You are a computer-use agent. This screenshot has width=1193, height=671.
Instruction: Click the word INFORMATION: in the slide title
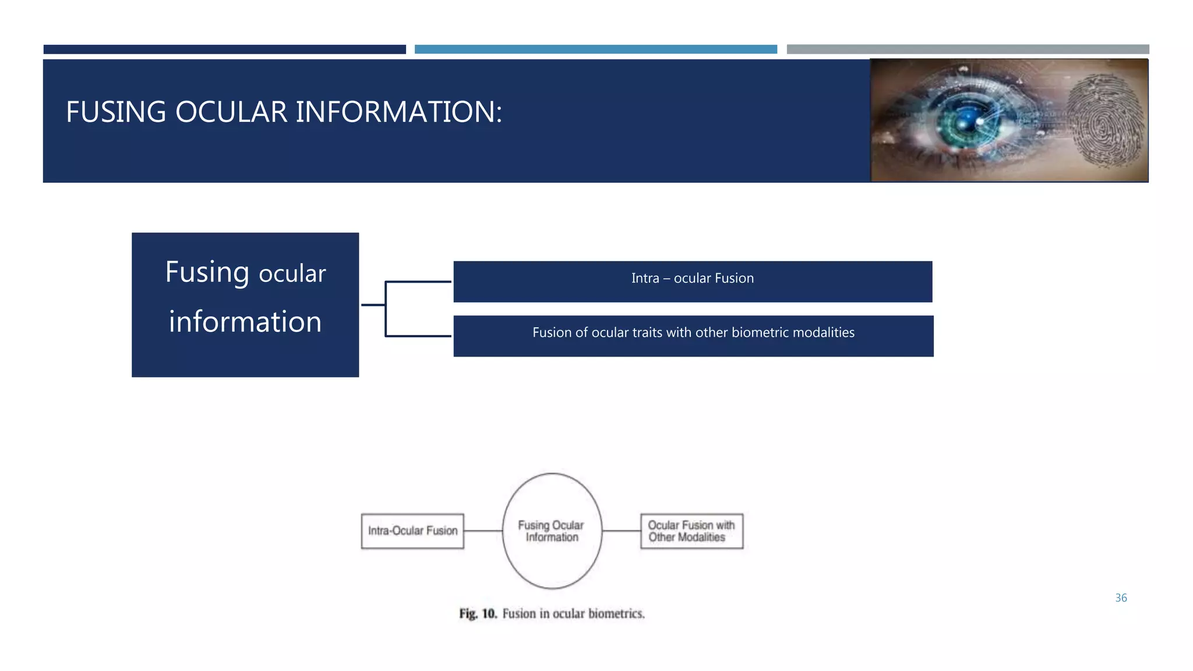398,112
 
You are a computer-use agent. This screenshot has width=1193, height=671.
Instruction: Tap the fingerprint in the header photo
1104,121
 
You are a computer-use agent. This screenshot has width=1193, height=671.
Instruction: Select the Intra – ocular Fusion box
693,281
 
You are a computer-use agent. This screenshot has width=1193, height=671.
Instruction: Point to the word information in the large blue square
245,322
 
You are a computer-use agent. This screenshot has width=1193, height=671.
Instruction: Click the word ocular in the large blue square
292,274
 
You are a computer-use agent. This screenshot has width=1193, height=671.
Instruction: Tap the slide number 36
1121,598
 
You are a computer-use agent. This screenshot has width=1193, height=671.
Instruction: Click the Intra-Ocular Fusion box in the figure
412,531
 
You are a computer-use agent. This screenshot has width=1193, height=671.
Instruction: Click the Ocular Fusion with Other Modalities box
691,531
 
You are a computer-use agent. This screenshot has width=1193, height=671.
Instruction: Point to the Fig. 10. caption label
477,614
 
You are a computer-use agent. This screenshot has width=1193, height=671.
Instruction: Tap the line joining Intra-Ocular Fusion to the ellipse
483,531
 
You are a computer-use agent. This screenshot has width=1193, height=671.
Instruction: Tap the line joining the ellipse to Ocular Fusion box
621,531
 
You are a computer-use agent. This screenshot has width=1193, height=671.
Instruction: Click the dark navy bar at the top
224,50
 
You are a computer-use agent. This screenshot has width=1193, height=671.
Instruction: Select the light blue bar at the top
595,50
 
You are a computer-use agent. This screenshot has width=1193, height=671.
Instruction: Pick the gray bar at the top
968,50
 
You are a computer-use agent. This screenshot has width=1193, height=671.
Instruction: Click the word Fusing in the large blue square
207,273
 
